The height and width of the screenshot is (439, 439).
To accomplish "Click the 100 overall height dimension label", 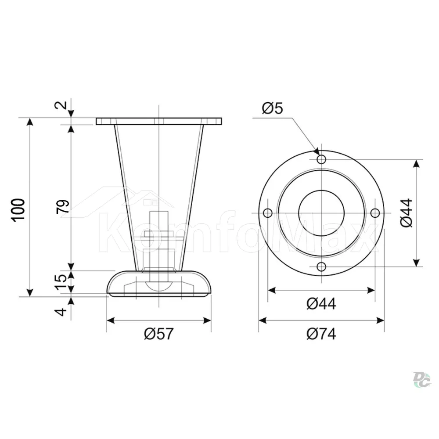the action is coord(18,210).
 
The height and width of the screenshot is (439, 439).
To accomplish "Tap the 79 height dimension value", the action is coord(62,207).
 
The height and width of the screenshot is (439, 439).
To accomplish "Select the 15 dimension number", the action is coord(61,282).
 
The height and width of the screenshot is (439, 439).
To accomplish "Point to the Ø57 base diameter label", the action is coord(159,334).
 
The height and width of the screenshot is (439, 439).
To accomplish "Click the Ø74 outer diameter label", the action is coord(321,334).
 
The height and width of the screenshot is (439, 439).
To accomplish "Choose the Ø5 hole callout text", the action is coord(273,108).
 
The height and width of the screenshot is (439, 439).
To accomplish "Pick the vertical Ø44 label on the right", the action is coord(407,213).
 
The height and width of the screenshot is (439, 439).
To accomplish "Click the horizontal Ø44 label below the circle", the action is coord(321,303).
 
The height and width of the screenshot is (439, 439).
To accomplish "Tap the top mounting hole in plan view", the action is coord(321,159).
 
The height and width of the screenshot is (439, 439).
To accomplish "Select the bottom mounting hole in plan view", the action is coord(321,267).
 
